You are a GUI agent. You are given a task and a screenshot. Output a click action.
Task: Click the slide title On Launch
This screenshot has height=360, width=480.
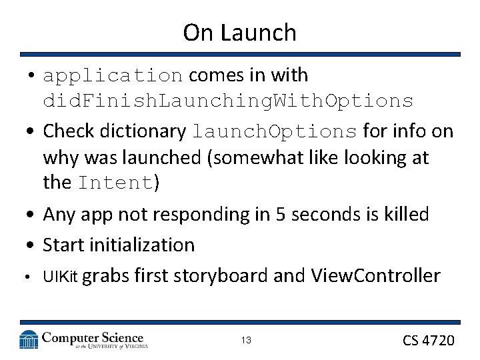point(239,32)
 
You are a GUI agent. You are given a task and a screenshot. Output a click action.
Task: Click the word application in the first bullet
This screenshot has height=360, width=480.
point(113,76)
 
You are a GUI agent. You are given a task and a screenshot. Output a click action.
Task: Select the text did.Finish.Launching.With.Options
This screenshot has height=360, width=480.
point(228,101)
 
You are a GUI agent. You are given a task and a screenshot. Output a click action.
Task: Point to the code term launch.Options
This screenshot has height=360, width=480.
point(275,132)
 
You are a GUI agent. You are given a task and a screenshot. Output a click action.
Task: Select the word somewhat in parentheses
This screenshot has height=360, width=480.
point(246,158)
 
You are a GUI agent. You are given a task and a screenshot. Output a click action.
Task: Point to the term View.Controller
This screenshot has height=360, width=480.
point(375,275)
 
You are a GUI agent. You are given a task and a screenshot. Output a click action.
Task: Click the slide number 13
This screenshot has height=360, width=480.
point(246,341)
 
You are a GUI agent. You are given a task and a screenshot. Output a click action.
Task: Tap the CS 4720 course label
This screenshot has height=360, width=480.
point(428,341)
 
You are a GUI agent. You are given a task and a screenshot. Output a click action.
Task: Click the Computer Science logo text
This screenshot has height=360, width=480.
point(93,338)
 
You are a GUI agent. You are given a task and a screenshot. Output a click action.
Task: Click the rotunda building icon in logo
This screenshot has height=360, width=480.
point(29,339)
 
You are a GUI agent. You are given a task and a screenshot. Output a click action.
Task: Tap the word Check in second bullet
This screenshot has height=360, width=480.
point(67,131)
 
